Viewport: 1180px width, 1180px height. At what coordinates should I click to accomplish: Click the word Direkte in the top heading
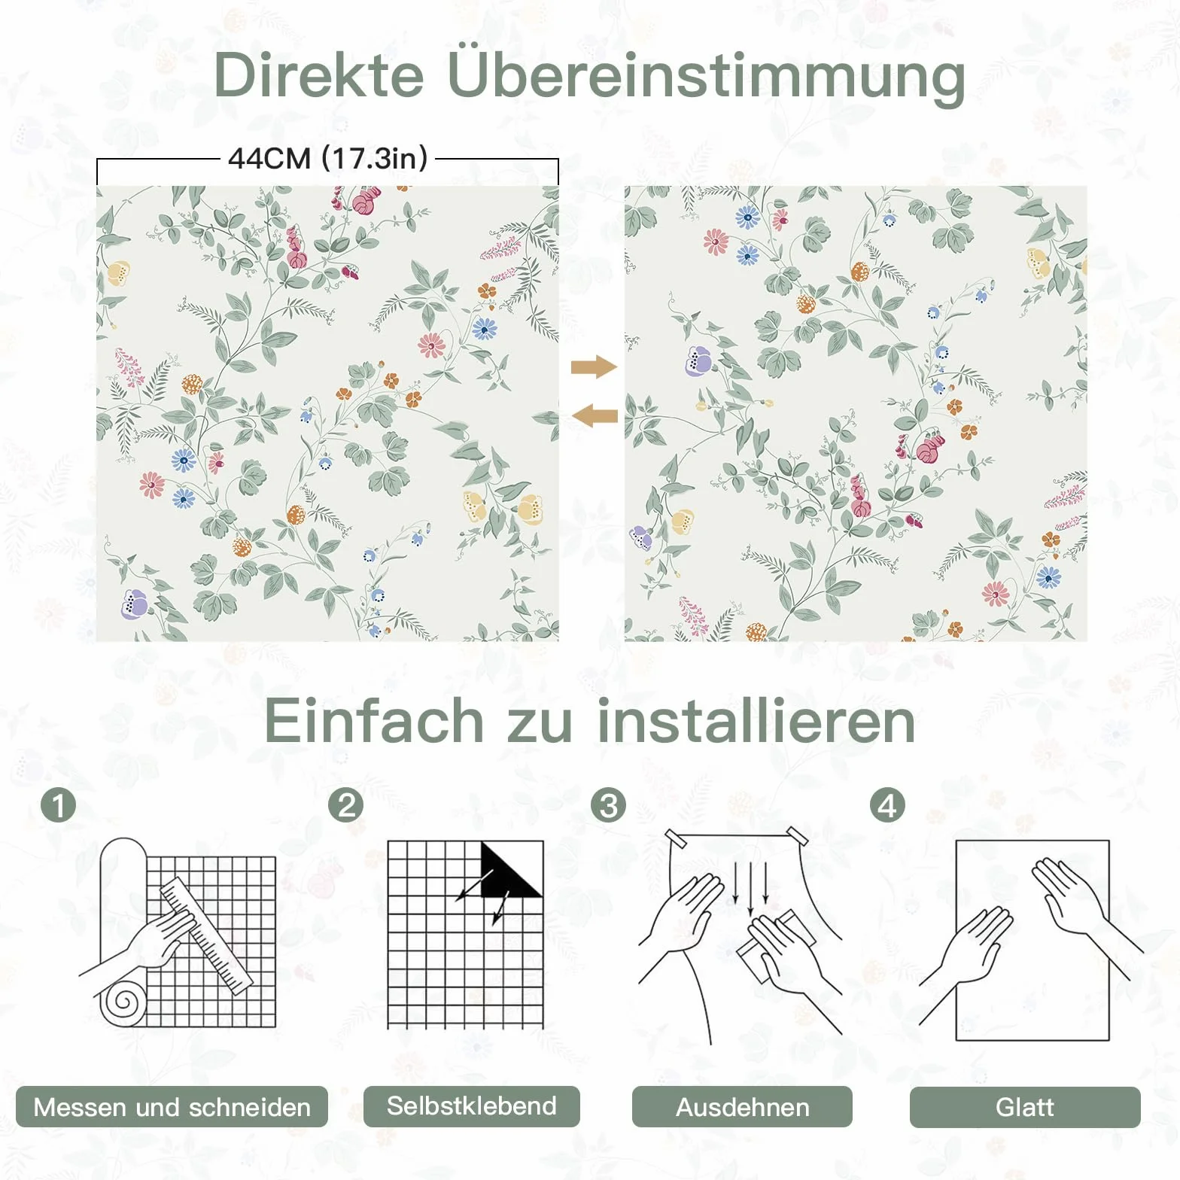point(319,75)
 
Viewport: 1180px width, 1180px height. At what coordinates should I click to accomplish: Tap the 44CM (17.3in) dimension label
point(328,158)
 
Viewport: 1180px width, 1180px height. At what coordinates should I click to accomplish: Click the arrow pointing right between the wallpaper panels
point(595,367)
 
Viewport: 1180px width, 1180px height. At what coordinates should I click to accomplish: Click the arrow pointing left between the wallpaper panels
point(595,415)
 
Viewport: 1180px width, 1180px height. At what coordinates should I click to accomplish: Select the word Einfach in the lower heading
point(374,720)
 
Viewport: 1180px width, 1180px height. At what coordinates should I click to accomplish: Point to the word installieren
point(756,720)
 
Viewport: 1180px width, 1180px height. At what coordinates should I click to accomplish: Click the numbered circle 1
point(59,805)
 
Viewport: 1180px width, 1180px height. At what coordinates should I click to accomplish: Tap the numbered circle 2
point(346,804)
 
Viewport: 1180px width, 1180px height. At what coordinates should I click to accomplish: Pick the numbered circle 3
point(609,804)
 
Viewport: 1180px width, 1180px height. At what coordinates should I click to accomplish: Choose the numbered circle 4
point(888,804)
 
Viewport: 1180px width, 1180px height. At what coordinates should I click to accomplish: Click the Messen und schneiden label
point(172,1107)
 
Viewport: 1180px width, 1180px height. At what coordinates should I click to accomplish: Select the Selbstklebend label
point(472,1106)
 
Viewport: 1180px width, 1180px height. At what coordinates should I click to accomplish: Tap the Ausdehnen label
point(742,1107)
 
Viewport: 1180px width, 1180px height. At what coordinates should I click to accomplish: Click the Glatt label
point(1025,1107)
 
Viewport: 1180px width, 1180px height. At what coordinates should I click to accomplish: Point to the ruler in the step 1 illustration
point(206,936)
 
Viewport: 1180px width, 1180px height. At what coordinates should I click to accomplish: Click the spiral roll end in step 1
point(122,1003)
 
